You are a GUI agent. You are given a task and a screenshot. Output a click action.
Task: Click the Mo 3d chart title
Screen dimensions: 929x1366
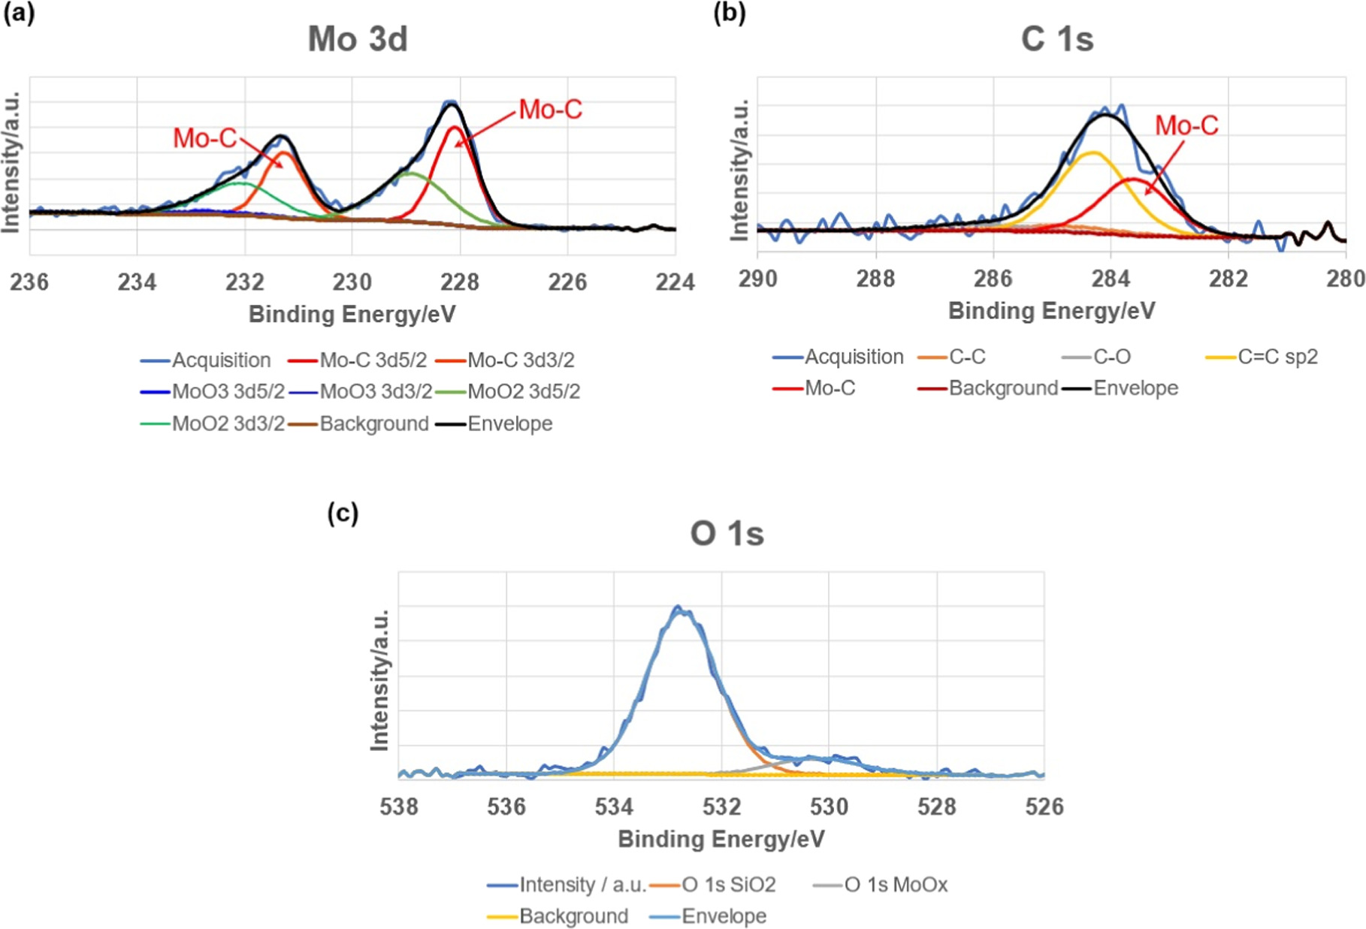358,39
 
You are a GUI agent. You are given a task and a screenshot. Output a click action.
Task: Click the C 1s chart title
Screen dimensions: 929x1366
1056,39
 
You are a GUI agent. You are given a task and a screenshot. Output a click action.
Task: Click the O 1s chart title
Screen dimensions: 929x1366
727,534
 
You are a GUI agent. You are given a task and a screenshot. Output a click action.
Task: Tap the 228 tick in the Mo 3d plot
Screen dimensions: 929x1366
460,282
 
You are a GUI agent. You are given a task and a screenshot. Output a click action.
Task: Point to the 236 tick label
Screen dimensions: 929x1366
29,282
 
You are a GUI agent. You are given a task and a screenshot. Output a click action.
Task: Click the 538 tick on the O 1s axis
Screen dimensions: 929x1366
399,807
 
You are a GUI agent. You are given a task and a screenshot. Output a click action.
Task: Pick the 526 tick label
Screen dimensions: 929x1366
1044,807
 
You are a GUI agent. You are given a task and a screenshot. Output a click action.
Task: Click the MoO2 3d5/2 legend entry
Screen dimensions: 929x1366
523,391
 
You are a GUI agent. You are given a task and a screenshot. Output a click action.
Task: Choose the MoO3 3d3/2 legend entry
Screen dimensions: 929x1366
375,391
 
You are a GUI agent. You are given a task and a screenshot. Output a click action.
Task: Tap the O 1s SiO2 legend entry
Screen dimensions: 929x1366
727,885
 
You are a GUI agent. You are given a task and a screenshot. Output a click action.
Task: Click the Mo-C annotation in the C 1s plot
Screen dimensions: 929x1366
1186,125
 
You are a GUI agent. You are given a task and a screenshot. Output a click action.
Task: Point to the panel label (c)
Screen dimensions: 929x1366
343,513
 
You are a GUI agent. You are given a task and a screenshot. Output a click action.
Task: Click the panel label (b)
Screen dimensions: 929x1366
729,14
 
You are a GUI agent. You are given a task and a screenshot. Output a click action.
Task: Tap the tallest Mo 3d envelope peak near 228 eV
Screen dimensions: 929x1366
451,104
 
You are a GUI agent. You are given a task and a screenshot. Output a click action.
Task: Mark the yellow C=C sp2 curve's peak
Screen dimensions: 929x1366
1092,152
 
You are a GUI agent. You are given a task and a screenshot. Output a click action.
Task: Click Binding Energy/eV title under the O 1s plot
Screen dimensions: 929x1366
721,839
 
